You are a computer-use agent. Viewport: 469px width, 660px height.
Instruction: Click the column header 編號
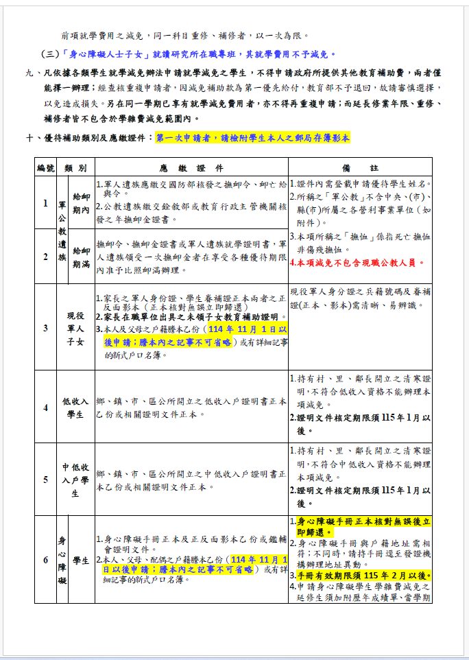(x=45, y=168)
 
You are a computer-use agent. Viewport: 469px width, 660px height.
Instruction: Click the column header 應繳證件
(x=191, y=168)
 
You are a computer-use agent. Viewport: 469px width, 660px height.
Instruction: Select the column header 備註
(x=360, y=168)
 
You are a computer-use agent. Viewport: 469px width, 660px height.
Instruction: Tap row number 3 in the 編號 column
(x=45, y=328)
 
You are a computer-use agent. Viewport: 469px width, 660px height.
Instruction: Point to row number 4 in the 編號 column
(x=45, y=408)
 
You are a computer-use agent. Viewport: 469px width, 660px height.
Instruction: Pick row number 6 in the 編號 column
(x=45, y=560)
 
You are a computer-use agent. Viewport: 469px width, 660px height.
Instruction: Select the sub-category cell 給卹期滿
(x=81, y=257)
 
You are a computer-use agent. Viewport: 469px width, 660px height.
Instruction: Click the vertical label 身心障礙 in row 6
(x=62, y=560)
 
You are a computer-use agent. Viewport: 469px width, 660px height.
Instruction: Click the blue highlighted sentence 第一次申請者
(x=253, y=138)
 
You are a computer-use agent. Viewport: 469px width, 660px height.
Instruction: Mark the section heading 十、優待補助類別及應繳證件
(x=88, y=138)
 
